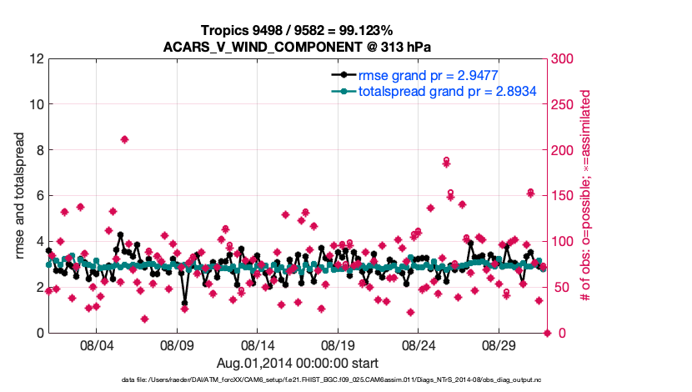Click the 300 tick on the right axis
tap(563, 59)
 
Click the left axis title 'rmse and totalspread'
tap(20, 197)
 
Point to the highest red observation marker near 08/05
tap(124, 139)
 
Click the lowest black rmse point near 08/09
tap(184, 304)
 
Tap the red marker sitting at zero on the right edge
tap(548, 333)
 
